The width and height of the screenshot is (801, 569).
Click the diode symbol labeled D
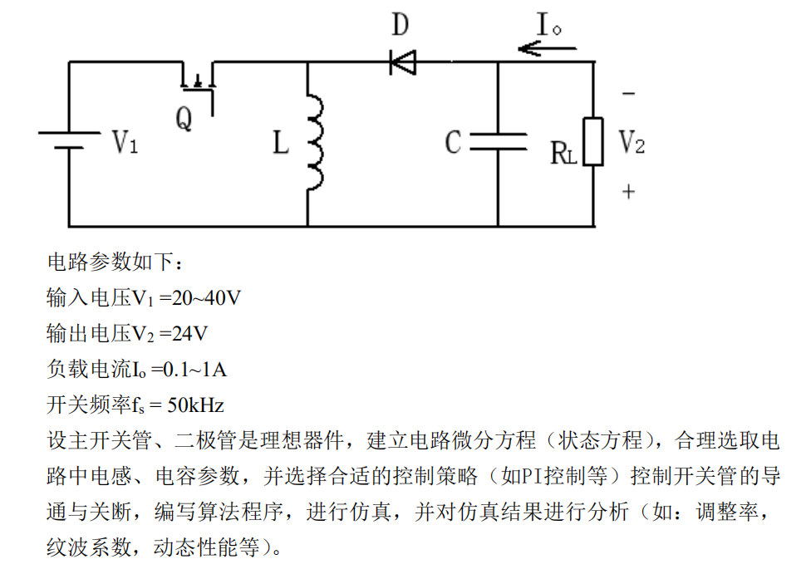[403, 61]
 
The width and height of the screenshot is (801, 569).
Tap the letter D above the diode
[400, 25]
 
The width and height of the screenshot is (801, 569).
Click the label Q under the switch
[184, 120]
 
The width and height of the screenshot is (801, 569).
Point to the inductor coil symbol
[314, 142]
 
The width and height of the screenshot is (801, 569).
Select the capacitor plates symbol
[498, 142]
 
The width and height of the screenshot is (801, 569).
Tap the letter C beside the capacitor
[453, 142]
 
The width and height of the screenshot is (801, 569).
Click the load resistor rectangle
[592, 142]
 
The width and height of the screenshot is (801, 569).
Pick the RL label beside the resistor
[563, 153]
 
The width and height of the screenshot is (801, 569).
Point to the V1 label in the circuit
[125, 142]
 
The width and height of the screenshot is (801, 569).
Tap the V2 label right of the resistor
[631, 143]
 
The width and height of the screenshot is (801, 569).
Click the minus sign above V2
[628, 95]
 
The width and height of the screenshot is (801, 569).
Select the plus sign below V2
[628, 192]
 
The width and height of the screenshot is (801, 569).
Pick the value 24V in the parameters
[189, 334]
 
